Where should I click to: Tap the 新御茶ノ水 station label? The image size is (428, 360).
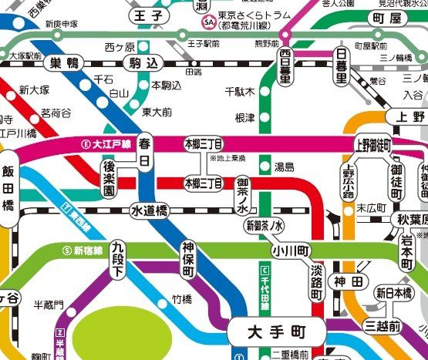pyautogui.click(x=265, y=227)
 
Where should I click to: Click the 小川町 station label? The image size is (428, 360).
pyautogui.click(x=290, y=251)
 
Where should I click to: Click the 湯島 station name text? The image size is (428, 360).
pyautogui.click(x=284, y=167)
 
